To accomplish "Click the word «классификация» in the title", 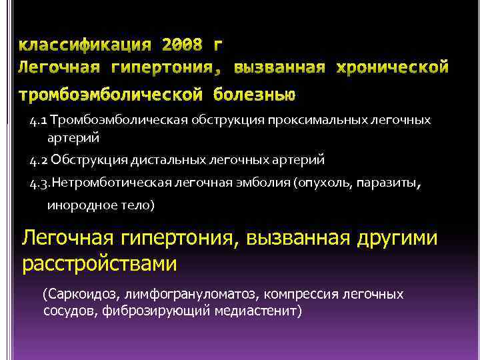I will tap(84, 45).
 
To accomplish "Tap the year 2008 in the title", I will tap(183, 45).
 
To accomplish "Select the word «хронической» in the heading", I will tap(393, 67).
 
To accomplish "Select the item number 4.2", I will tap(39, 161).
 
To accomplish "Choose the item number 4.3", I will tap(40, 182).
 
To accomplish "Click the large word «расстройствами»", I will tap(100, 264).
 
